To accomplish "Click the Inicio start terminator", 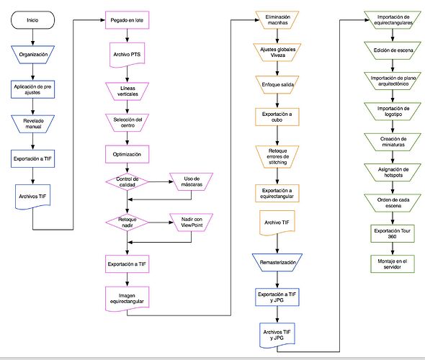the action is [x=32, y=20].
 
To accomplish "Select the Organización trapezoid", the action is [x=33, y=55].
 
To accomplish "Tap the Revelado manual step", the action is [x=33, y=124].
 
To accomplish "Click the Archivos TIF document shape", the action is [x=33, y=197].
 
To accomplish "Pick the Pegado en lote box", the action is [x=127, y=20].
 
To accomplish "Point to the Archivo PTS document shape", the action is [x=127, y=55].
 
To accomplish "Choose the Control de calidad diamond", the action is [x=127, y=181].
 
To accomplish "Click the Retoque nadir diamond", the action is [x=127, y=222].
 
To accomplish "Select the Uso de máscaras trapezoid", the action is [x=192, y=181].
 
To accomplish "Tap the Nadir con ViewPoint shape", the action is [x=192, y=222].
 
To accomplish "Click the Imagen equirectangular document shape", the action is [x=127, y=299].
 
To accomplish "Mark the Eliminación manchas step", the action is [x=277, y=19].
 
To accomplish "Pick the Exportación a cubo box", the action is [x=277, y=117].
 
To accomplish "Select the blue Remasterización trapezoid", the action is [x=277, y=263].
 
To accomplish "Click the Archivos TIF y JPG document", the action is [x=277, y=336].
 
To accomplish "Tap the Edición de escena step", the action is [x=393, y=50].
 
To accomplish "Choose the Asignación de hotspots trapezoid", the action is [x=393, y=172].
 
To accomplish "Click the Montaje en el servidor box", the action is [x=393, y=264].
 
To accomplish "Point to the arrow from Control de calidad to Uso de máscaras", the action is [x=161, y=181].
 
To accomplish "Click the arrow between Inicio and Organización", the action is [x=33, y=37].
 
